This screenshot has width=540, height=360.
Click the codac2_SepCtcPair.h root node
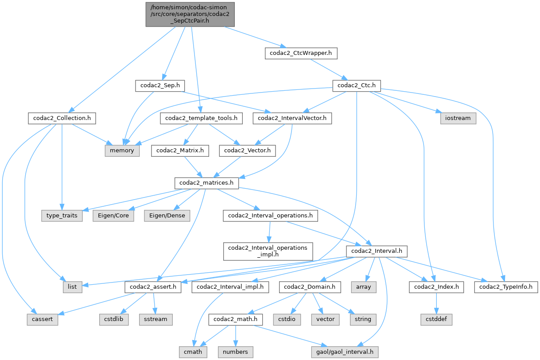(190, 14)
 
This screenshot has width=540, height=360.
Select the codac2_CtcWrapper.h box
(301, 54)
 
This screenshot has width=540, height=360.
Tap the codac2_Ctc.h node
(357, 85)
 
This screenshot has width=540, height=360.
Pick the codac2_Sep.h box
(160, 85)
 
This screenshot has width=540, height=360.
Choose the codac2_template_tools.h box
(202, 118)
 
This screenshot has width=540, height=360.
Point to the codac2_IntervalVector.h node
(292, 118)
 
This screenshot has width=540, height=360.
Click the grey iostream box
(458, 118)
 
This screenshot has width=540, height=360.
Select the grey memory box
(122, 151)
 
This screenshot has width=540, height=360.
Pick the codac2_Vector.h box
(248, 151)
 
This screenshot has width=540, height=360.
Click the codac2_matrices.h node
(207, 183)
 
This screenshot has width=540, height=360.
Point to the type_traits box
(62, 216)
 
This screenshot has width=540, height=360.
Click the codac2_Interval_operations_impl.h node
(268, 251)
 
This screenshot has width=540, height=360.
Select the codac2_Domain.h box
(310, 287)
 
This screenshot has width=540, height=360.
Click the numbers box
(236, 352)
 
